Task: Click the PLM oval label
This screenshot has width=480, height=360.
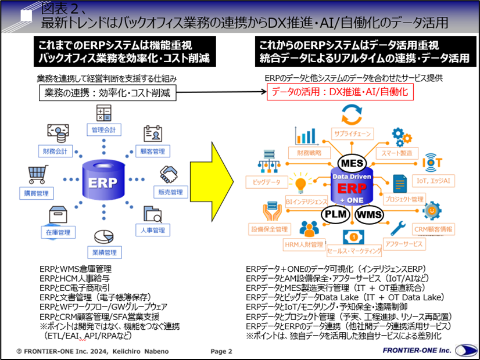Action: [x=336, y=214]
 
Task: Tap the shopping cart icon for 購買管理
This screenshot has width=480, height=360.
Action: [x=37, y=175]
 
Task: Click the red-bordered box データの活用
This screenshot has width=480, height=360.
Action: [x=340, y=92]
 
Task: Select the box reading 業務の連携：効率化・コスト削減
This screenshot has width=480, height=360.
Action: [x=108, y=93]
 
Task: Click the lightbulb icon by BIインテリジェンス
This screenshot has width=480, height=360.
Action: [x=301, y=185]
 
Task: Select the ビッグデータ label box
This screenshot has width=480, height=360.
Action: [x=267, y=182]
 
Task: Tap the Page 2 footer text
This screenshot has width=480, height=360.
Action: [x=221, y=351]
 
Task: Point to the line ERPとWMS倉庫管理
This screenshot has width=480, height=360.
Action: [x=76, y=269]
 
